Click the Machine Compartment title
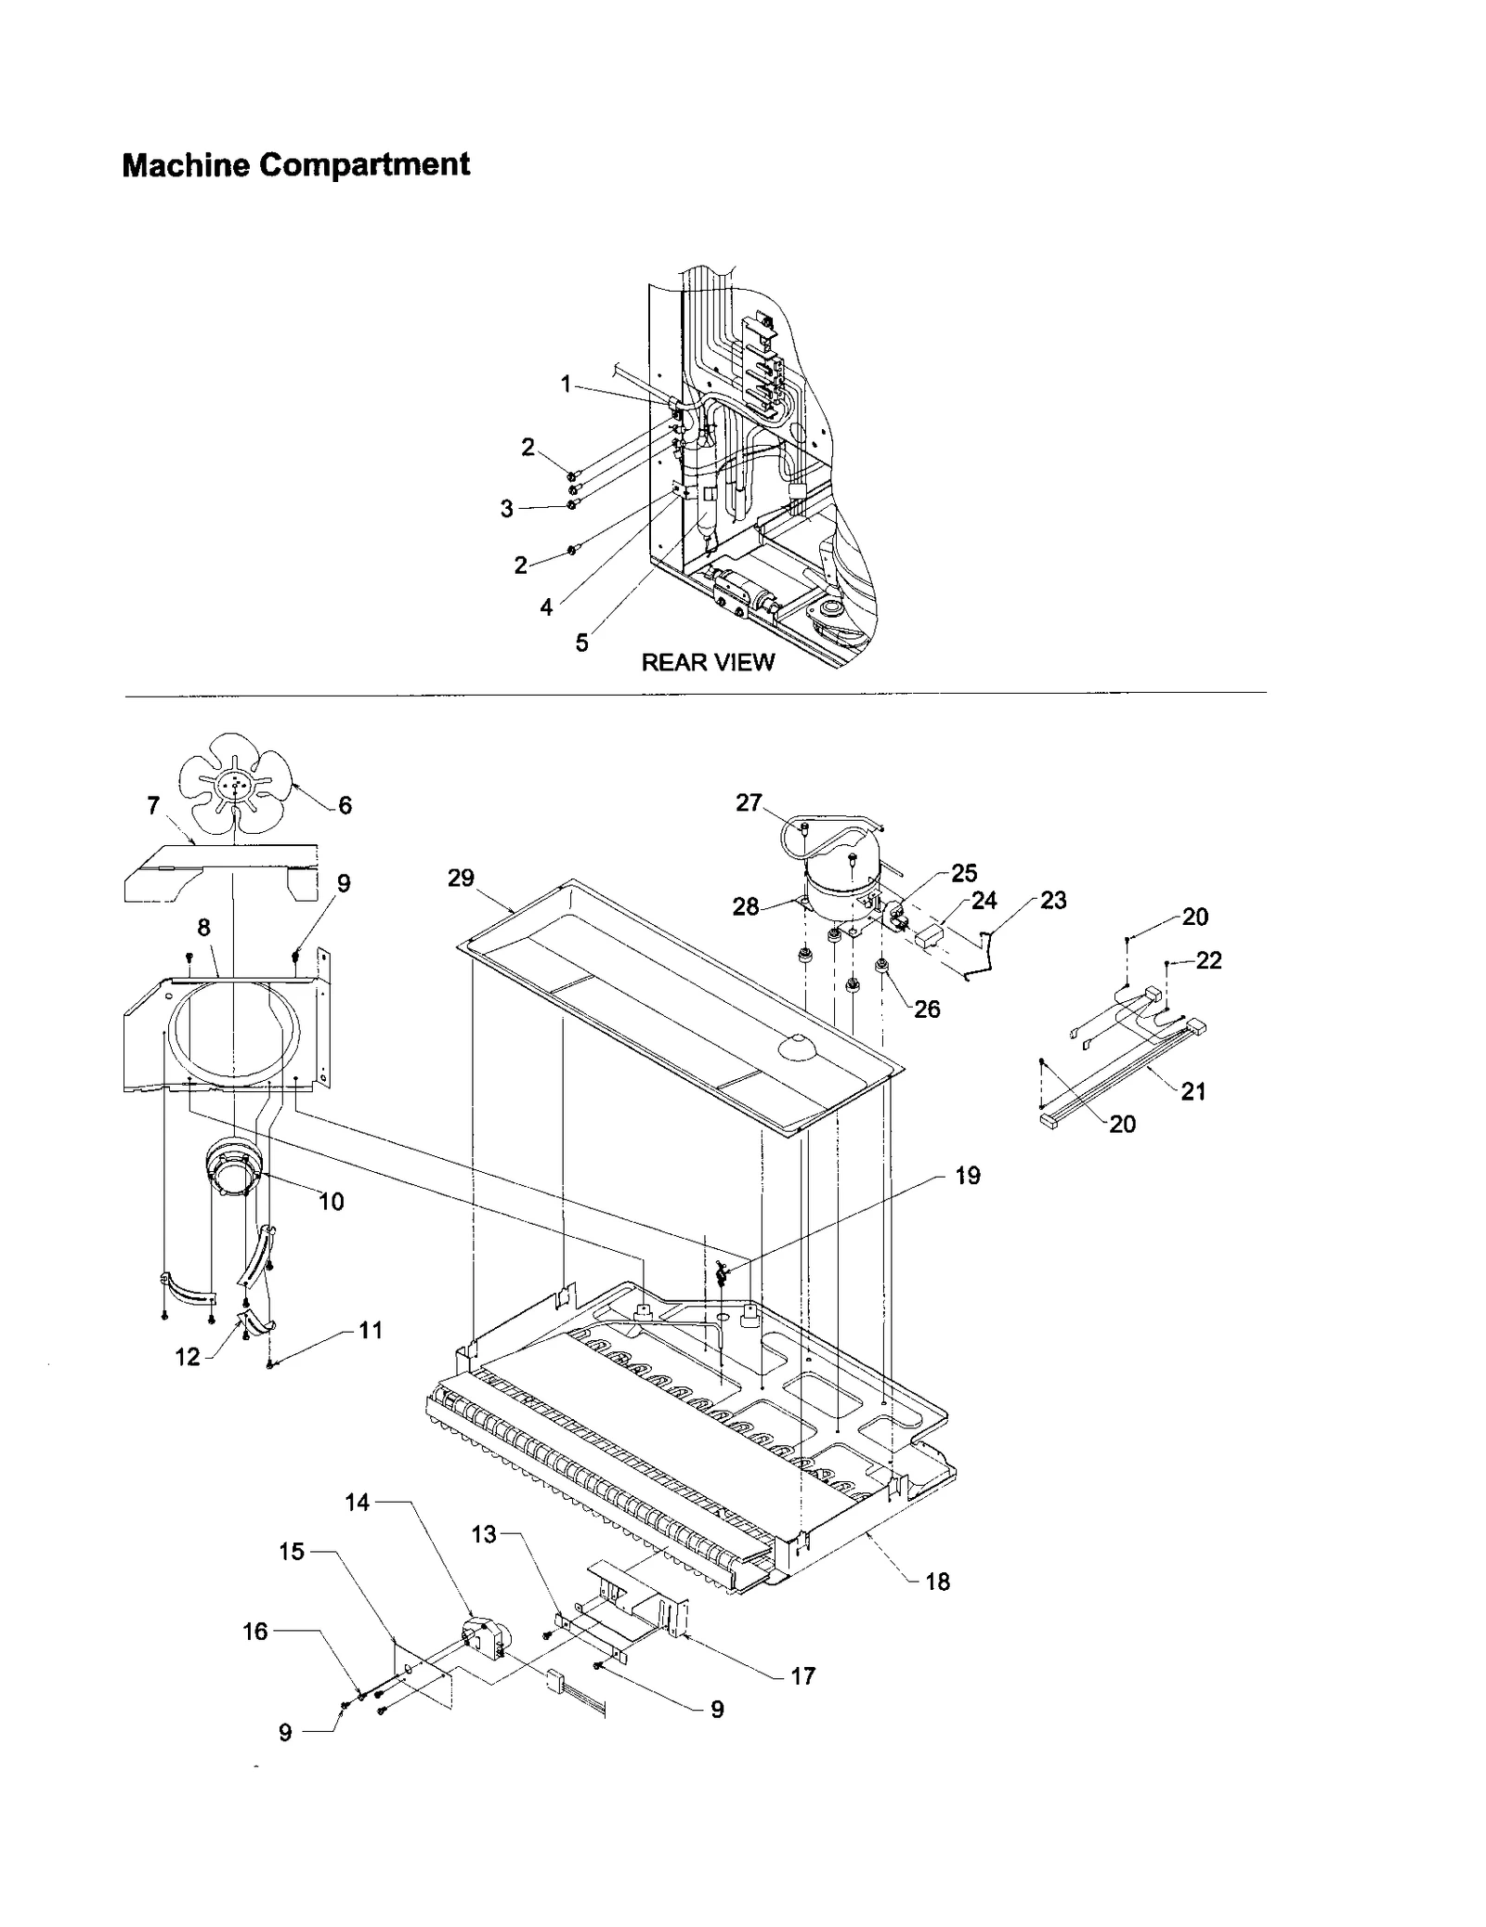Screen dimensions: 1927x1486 [x=295, y=165]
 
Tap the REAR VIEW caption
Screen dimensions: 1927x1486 [x=708, y=662]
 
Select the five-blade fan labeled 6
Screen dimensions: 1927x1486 [x=235, y=786]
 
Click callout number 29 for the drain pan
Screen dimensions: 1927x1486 [x=461, y=878]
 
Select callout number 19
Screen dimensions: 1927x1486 [x=968, y=1176]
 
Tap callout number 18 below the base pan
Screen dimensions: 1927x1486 [x=938, y=1582]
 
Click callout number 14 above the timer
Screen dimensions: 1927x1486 [x=358, y=1503]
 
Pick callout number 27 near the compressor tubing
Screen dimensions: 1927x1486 [x=749, y=802]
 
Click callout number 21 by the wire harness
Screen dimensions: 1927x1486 [x=1193, y=1092]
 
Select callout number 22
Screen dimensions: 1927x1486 [x=1208, y=960]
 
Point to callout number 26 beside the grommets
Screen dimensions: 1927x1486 [x=927, y=1009]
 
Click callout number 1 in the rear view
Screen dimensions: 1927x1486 [x=566, y=384]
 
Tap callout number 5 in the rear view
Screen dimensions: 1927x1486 [x=581, y=643]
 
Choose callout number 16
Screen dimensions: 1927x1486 [x=254, y=1631]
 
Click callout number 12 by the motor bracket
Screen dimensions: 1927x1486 [x=188, y=1357]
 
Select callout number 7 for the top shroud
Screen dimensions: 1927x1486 [x=154, y=806]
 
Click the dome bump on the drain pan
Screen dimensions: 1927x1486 [x=798, y=1047]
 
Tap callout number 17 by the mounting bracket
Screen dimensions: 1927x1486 [x=802, y=1675]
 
